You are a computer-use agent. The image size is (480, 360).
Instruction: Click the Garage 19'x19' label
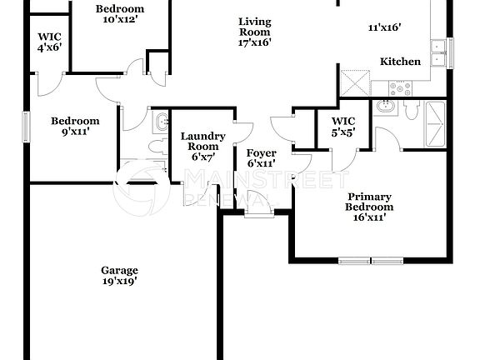(119, 276)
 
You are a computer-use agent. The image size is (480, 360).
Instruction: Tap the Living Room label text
(254, 32)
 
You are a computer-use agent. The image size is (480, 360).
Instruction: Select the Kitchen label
(399, 62)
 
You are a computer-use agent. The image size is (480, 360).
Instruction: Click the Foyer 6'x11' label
(261, 158)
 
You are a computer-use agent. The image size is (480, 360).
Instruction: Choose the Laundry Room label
(202, 146)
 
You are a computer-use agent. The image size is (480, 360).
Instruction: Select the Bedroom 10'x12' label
(120, 14)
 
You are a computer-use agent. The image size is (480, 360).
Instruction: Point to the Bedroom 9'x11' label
(75, 126)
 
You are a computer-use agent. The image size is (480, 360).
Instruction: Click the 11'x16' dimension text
(384, 27)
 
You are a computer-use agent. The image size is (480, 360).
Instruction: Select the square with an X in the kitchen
(355, 82)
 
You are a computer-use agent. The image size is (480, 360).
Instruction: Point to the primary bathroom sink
(386, 107)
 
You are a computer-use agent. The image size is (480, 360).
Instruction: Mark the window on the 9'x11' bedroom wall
(25, 126)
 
